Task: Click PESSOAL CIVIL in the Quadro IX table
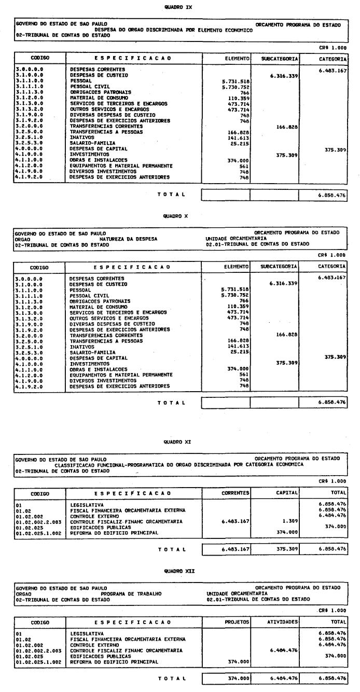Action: (88, 86)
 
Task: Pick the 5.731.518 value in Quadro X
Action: (234, 289)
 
